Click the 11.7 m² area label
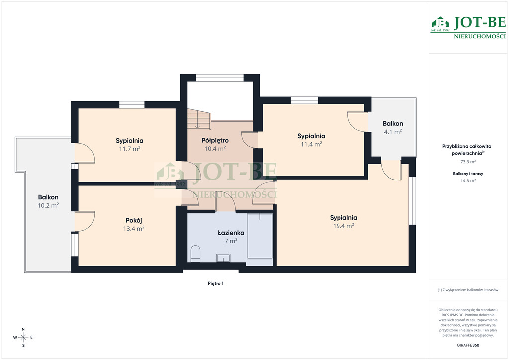pos(130,149)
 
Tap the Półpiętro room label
pos(215,141)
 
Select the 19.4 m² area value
pos(343,226)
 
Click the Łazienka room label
pos(231,233)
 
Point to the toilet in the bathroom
pos(195,254)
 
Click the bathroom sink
pos(223,258)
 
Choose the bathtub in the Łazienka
pos(260,236)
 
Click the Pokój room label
pos(134,221)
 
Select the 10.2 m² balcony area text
pos(48,205)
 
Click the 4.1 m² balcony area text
pos(393,132)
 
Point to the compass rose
pos(23,337)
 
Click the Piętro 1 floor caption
pos(216,284)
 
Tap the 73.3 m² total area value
pos(468,161)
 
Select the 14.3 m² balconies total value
pos(468,181)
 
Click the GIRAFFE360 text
pos(468,345)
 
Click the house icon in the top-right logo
pos(440,23)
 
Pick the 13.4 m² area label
pos(134,229)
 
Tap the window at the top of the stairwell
pos(220,78)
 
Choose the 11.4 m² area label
pos(311,144)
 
